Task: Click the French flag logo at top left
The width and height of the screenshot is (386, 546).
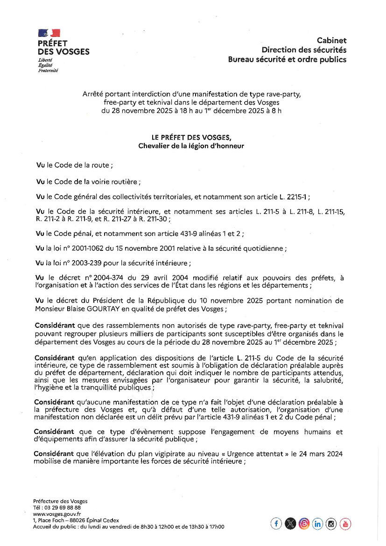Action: click(x=49, y=33)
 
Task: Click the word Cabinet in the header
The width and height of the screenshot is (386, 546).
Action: click(x=331, y=41)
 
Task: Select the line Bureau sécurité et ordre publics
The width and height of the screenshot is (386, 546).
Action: click(x=287, y=59)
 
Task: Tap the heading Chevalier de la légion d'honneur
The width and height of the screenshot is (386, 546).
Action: click(x=191, y=146)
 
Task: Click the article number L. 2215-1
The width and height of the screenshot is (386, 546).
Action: click(x=291, y=197)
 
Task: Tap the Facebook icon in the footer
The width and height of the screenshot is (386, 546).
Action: click(x=276, y=524)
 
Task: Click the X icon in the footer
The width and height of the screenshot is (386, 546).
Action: click(x=290, y=524)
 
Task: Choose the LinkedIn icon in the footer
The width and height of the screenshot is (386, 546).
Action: click(x=318, y=524)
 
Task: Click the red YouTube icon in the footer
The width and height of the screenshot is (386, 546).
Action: click(x=345, y=524)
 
